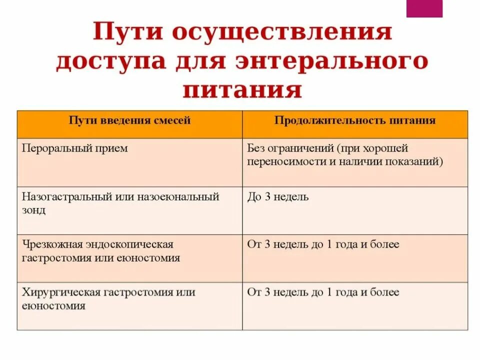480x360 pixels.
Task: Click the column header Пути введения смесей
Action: pyautogui.click(x=129, y=120)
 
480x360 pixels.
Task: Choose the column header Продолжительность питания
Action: pyautogui.click(x=355, y=120)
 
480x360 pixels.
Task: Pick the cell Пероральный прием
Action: pyautogui.click(x=75, y=148)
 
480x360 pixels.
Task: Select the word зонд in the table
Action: pyautogui.click(x=34, y=210)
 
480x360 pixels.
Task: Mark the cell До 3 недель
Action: pyautogui.click(x=278, y=197)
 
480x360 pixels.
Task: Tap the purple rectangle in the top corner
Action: pyautogui.click(x=424, y=8)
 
